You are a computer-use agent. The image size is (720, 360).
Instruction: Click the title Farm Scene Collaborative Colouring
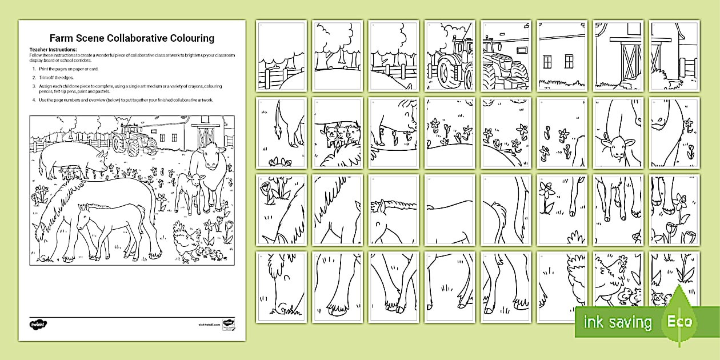[x=132, y=38]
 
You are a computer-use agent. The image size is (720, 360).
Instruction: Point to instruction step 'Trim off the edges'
[x=59, y=77]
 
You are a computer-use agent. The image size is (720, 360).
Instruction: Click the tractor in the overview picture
[x=134, y=139]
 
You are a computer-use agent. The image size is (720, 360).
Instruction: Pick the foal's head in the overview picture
[x=84, y=218]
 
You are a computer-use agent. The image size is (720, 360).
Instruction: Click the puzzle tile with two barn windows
[x=562, y=56]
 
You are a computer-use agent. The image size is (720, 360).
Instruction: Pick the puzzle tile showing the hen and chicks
[x=618, y=286]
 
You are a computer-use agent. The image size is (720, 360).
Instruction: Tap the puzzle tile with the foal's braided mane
[x=393, y=209]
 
